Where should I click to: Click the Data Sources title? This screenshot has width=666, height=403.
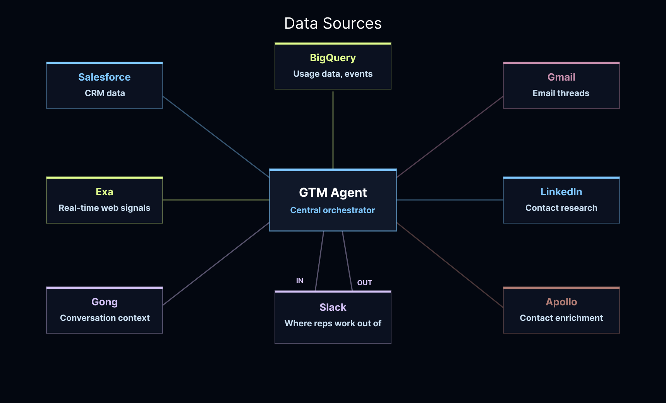(x=333, y=24)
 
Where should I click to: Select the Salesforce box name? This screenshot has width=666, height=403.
(x=105, y=77)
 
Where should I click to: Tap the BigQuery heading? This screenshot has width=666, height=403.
(x=333, y=58)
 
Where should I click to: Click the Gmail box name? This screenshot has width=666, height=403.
(x=561, y=77)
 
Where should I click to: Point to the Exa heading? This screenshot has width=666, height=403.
(x=105, y=192)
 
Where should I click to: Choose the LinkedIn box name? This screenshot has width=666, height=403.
(x=561, y=192)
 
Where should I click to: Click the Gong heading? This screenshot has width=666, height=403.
(x=105, y=302)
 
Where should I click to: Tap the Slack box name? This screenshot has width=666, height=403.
(x=333, y=307)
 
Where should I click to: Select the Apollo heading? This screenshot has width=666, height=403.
(x=561, y=302)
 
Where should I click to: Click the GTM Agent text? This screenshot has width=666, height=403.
(x=333, y=193)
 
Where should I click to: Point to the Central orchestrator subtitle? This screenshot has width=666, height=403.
(x=333, y=210)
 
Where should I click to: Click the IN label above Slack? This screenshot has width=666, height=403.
(x=300, y=281)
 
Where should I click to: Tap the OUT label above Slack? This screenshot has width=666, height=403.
(x=365, y=283)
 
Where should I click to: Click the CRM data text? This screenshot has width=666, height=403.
(x=105, y=93)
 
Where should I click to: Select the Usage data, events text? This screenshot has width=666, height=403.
(x=333, y=74)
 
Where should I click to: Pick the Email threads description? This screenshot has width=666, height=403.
(x=561, y=93)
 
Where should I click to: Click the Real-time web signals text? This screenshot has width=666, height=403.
(x=105, y=208)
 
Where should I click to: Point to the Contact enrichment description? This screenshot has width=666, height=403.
(x=561, y=318)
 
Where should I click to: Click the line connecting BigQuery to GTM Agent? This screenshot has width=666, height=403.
(x=333, y=130)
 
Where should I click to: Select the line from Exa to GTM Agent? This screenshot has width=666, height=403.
(x=216, y=200)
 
